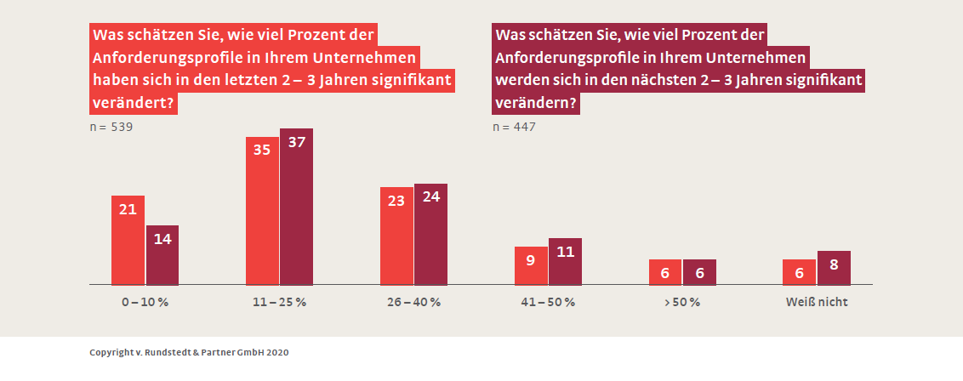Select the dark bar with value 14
pos(162,254)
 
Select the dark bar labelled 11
pos(566,261)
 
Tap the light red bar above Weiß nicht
pos(799,271)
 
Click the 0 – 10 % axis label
pos(145,302)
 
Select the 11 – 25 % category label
pos(279,302)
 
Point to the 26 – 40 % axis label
pos(413,302)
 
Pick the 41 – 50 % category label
pos(548,302)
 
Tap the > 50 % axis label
pos(682,302)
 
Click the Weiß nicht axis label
pos(817,302)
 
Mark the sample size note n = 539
pos(111,127)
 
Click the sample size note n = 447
pos(515,127)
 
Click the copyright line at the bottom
pos(189,351)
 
